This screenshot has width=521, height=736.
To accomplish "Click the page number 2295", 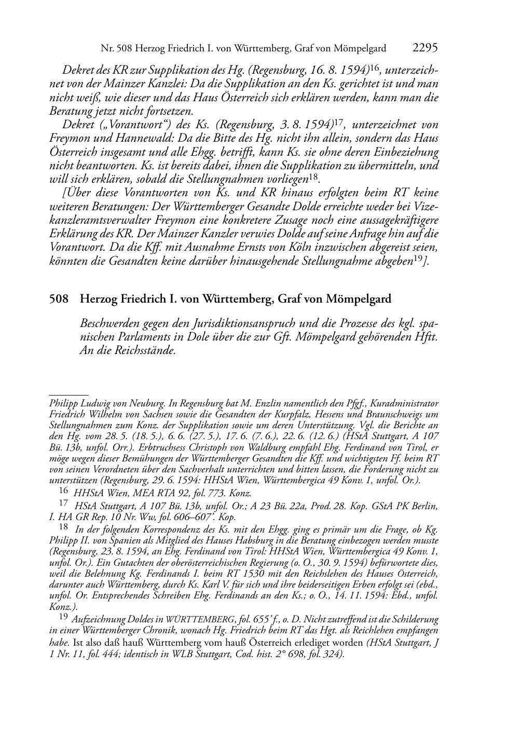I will [426, 48].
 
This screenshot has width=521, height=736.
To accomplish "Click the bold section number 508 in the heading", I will [59, 299].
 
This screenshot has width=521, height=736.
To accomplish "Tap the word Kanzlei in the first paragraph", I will [145, 84].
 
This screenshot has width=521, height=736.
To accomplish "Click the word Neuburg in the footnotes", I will [146, 403].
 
